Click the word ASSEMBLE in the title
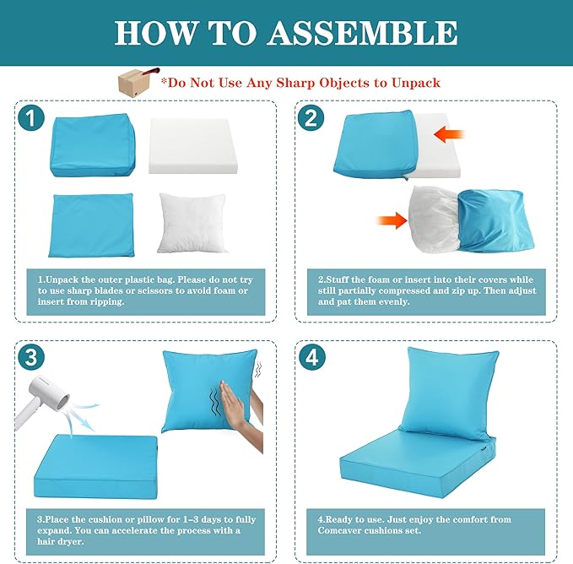point(362,33)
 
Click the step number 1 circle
point(31,118)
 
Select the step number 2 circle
point(311,117)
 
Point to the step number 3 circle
point(31,357)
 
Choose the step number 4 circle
point(311,357)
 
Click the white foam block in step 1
point(193,146)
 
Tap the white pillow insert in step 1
point(192,223)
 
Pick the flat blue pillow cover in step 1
point(91,225)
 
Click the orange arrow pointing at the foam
point(449,134)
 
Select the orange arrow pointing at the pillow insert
point(392,220)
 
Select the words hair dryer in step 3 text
point(60,541)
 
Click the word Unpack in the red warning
point(416,83)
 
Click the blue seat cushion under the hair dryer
point(95,466)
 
